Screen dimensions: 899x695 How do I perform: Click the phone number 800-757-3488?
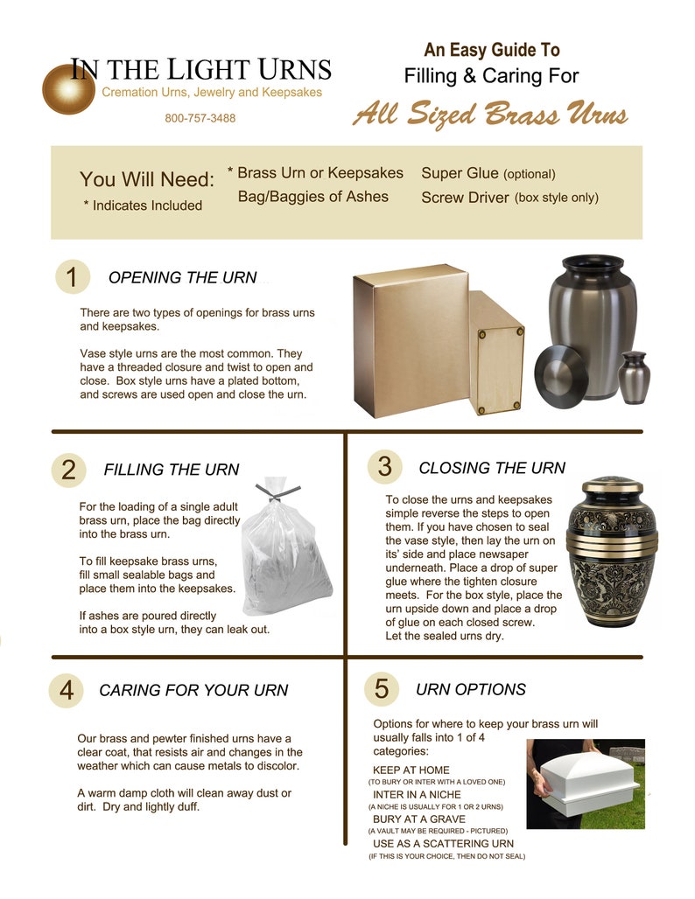200,118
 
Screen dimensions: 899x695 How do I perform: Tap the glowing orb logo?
67,90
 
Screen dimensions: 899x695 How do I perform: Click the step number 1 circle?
72,277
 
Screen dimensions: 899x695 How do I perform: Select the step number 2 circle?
68,470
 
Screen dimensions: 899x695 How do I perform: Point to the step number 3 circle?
383,467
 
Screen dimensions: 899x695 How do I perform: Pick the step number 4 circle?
66,690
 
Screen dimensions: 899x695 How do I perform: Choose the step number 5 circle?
381,688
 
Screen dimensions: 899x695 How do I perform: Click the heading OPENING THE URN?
182,278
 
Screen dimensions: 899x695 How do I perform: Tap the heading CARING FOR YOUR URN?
193,690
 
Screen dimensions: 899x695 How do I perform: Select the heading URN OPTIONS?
471,689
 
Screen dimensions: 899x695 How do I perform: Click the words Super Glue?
460,173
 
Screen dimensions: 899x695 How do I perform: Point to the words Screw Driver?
465,198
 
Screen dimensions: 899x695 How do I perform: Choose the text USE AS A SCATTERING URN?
443,843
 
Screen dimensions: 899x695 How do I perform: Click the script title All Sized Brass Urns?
489,115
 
